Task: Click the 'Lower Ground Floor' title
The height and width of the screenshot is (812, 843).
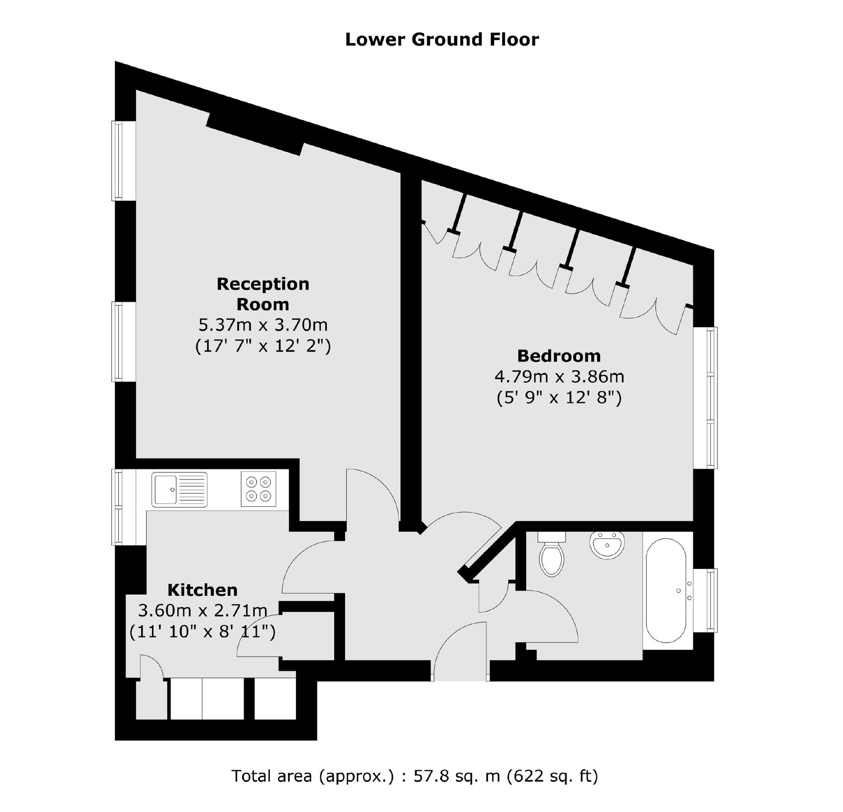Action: (x=442, y=40)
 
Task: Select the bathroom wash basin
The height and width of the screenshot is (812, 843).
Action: (x=607, y=545)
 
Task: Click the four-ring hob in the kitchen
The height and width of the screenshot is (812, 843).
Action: (x=258, y=489)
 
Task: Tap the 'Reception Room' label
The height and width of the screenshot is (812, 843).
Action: (x=263, y=294)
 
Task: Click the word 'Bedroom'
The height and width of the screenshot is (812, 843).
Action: (x=559, y=356)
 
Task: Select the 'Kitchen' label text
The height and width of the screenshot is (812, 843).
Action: (x=202, y=590)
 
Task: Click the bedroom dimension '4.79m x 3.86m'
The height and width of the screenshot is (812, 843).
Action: (x=559, y=376)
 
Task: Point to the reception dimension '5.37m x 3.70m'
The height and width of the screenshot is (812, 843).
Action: (x=263, y=325)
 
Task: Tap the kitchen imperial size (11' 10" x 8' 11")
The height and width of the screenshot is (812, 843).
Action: (x=202, y=632)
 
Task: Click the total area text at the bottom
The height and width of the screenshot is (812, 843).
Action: (x=415, y=776)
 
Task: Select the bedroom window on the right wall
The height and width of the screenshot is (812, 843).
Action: (x=706, y=398)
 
